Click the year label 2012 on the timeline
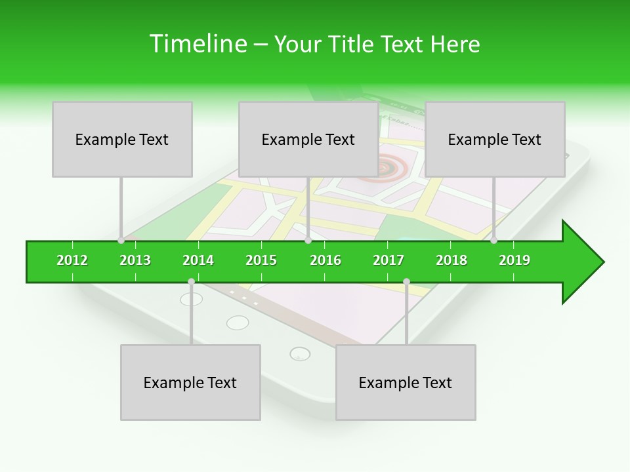coord(72,260)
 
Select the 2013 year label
coord(135,260)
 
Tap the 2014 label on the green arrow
coord(198,260)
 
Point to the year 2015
coord(261,260)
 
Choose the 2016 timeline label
coord(325,260)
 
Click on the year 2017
coord(388,260)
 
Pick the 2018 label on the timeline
coord(451,260)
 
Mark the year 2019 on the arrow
coord(514,260)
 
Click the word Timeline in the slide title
coord(196,44)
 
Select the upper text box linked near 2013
coord(122,139)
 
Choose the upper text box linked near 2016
coord(308,139)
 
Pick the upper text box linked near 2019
coord(495,139)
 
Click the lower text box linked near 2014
coord(190,382)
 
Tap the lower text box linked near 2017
coord(406,382)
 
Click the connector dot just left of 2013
coord(121,241)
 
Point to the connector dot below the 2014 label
coord(191,281)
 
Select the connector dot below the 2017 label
coord(406,281)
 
